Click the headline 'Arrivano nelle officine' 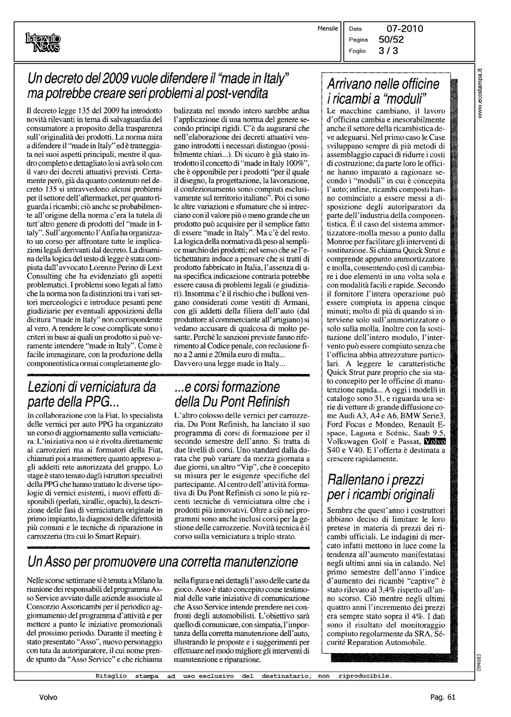click(x=383, y=85)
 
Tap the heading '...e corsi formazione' click(x=226, y=388)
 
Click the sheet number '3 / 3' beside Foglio click(x=388, y=51)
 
